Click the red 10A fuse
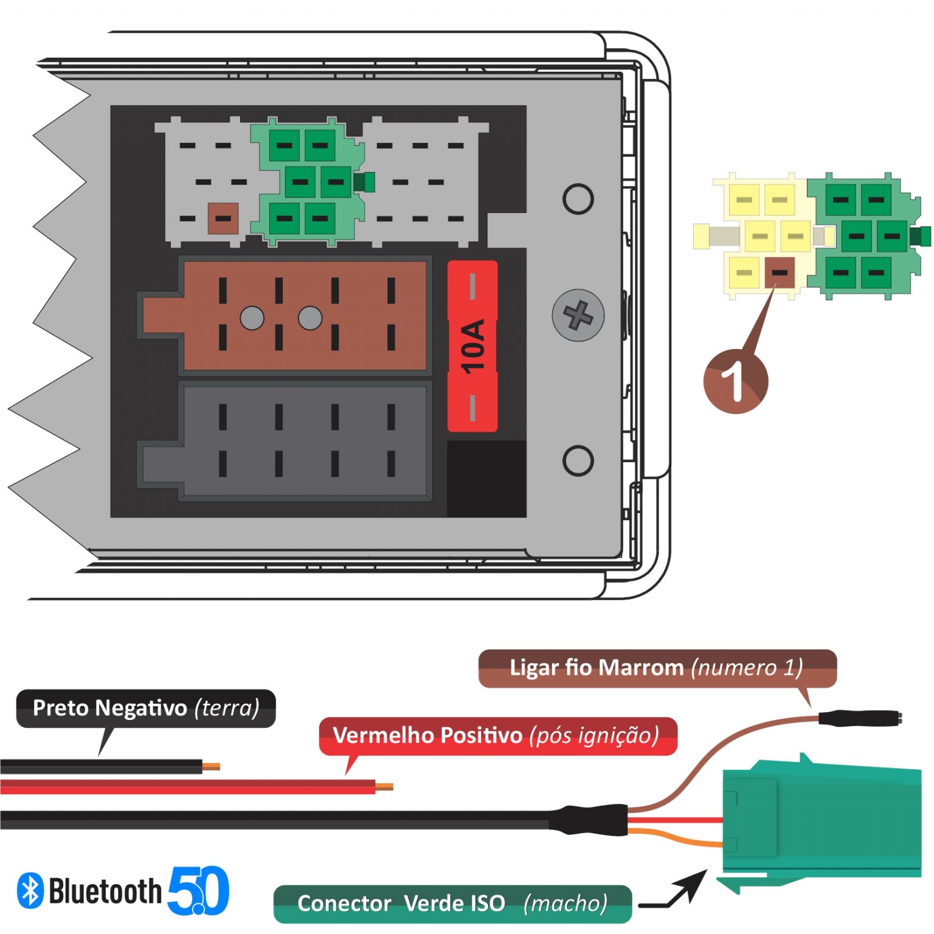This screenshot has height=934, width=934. [472, 346]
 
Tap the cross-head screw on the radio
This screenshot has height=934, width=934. [578, 315]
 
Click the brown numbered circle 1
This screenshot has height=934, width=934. [736, 382]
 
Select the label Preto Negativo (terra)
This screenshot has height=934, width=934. [146, 708]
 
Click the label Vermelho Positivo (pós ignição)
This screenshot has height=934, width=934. [497, 735]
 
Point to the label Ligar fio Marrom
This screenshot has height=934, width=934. [657, 668]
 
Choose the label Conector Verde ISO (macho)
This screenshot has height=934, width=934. [452, 903]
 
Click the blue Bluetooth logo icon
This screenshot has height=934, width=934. [30, 891]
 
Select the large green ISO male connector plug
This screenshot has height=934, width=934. [821, 821]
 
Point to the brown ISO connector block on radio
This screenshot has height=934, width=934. [304, 316]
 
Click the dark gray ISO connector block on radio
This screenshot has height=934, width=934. [304, 441]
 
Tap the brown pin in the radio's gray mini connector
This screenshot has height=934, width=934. [223, 218]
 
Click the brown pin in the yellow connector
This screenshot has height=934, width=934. [779, 272]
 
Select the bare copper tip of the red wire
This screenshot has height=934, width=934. [384, 786]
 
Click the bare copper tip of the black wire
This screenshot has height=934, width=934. [211, 766]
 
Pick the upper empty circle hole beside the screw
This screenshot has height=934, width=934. [578, 199]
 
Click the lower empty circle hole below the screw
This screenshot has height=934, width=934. [578, 460]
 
